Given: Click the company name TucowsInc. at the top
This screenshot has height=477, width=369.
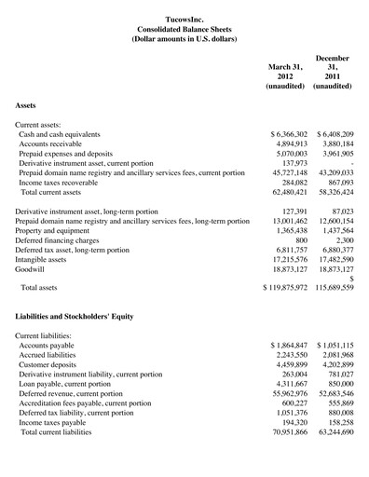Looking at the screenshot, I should tap(184, 17).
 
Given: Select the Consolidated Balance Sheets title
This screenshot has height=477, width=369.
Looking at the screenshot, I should tap(184, 28).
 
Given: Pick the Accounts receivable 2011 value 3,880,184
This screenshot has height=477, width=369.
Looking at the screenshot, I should tap(335, 146).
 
